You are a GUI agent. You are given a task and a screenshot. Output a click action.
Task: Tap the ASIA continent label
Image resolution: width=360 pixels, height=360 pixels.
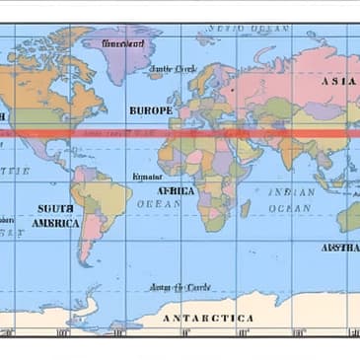(x=339, y=81)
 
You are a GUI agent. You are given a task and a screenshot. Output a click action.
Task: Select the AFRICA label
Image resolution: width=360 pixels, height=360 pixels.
(x=178, y=190)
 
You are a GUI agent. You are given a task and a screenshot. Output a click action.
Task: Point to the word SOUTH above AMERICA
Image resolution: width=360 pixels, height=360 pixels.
(x=55, y=208)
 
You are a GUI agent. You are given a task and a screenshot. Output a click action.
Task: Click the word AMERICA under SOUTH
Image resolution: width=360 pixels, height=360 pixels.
(x=55, y=223)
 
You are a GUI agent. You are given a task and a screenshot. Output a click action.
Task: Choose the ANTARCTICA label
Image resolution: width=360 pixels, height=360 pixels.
(x=208, y=319)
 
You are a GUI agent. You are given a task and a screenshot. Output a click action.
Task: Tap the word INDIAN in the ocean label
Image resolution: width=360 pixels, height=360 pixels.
(x=293, y=191)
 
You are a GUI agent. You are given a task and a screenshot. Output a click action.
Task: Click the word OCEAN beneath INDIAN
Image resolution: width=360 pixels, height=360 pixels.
(x=290, y=208)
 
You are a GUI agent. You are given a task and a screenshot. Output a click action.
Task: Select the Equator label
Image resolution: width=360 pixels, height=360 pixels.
(x=146, y=177)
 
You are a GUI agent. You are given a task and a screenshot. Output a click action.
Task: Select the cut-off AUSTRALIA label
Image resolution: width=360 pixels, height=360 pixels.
(x=340, y=247)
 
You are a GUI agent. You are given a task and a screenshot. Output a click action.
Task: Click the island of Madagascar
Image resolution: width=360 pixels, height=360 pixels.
(x=245, y=209)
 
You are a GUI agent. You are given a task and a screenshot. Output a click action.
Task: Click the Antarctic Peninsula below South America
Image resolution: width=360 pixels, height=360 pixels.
(x=89, y=308)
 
